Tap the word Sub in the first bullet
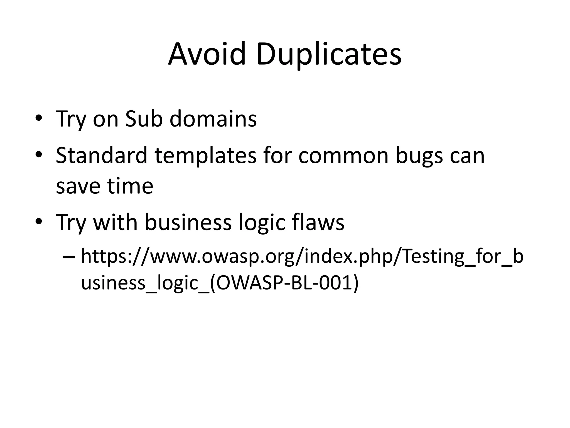pyautogui.click(x=144, y=119)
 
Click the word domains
pyautogui.click(x=213, y=119)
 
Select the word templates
pyautogui.click(x=205, y=156)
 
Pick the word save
pyautogui.click(x=78, y=186)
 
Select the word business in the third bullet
pyautogui.click(x=188, y=222)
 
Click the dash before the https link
pyautogui.click(x=69, y=257)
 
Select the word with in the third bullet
pyautogui.click(x=116, y=222)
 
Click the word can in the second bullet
pyautogui.click(x=467, y=156)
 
